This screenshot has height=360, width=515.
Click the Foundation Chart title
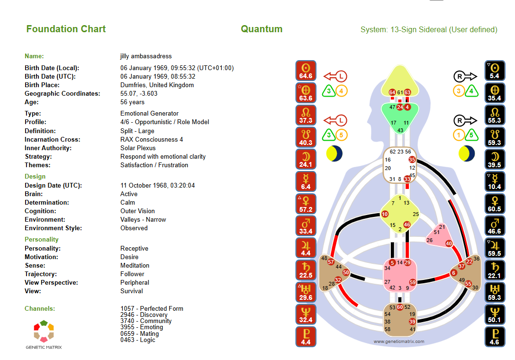point(66,29)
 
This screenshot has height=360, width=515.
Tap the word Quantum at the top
point(262,29)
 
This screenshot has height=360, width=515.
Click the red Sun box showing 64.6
point(306,71)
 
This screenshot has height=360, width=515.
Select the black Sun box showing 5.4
point(495,71)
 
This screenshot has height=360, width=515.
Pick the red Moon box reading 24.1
point(306,159)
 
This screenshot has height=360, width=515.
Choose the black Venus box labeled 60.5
point(495,204)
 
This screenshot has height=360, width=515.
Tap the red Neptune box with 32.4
point(306,315)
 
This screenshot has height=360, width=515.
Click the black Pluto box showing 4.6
point(495,337)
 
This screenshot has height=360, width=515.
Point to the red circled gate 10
point(385,214)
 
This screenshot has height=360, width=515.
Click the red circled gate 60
point(400,307)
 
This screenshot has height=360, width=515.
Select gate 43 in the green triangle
point(400,130)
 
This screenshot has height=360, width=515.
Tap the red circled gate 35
point(412,160)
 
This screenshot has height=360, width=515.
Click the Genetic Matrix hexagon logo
point(44,331)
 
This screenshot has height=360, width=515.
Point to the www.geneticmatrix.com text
point(399,341)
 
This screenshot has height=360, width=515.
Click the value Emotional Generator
point(149,113)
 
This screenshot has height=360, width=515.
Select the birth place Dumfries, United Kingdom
point(157,85)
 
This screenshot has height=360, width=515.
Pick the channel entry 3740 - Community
point(146,321)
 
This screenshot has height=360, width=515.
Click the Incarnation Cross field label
point(53,139)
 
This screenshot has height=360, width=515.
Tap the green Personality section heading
point(41,240)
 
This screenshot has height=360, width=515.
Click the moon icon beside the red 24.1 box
point(334,154)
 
